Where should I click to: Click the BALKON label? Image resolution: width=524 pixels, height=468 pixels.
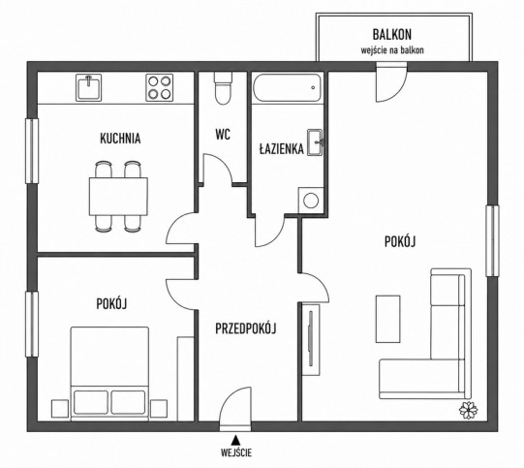pos(392,34)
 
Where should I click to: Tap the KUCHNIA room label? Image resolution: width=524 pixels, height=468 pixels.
pos(120,139)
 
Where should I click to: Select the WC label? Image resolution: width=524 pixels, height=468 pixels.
pos(223,135)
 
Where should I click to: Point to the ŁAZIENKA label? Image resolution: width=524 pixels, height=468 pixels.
pos(282,148)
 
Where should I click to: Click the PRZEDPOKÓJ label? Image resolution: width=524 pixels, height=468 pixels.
pos(246,328)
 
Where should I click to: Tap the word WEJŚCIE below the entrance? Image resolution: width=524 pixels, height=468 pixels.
pos(236,452)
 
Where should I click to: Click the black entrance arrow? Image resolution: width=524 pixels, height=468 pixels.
pos(236,439)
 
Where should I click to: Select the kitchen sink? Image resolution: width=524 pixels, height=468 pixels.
pos(88,87)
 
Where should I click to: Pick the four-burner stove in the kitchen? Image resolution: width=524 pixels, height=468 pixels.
pos(160,87)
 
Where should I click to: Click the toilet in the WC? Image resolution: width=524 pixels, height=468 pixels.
pos(222,88)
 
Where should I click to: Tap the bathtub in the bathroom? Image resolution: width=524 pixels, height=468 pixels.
pos(288,88)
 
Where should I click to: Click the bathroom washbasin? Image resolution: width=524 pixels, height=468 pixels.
pos(315,142)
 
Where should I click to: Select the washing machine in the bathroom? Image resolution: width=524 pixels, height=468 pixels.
pos(311,201)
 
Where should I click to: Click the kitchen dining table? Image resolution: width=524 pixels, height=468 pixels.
pos(118,197)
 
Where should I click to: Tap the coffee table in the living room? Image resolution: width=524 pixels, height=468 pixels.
pos(388,319)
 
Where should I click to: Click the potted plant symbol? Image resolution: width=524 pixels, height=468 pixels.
pos(468,410)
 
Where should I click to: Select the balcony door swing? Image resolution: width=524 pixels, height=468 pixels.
pos(391,82)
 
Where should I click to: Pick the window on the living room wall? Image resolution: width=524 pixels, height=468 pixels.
pos(492,240)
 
